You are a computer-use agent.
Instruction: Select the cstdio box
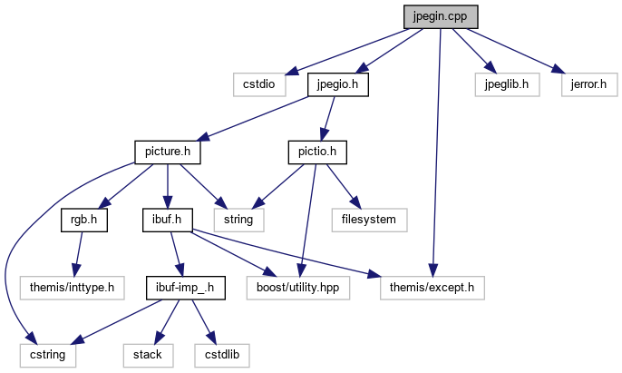(258, 84)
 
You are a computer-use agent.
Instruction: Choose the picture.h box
(167, 152)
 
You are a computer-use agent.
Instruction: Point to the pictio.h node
(317, 152)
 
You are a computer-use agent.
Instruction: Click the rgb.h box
(84, 219)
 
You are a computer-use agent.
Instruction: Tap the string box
(239, 219)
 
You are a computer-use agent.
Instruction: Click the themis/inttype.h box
(72, 287)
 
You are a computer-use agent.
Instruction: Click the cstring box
(47, 354)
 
